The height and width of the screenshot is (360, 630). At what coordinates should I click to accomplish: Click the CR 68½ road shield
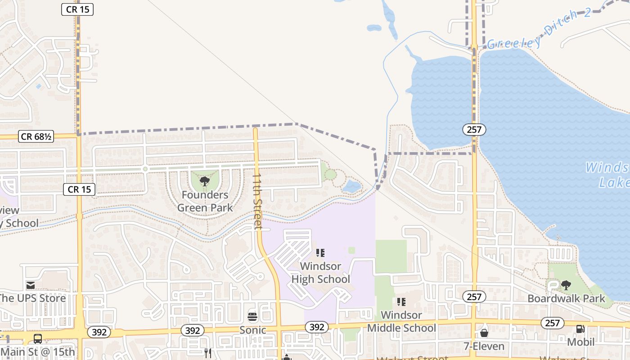36,136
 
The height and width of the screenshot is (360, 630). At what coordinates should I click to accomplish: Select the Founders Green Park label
205,201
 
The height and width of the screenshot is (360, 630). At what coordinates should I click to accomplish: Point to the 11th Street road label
257,202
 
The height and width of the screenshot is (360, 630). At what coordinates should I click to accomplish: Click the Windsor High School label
320,273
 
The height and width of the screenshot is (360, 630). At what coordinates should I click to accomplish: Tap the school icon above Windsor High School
320,253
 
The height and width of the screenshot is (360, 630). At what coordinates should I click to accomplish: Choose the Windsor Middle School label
401,321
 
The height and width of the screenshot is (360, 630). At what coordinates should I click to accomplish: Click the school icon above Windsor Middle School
401,301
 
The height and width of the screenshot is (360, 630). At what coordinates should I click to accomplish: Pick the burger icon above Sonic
252,316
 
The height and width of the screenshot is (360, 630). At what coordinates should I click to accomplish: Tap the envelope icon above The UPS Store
31,285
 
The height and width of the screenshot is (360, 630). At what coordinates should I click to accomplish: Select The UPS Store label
32,298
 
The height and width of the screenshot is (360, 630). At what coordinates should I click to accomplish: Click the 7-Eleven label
484,346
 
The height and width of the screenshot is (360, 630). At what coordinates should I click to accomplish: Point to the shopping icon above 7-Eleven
484,333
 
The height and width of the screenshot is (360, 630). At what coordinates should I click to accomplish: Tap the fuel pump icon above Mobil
580,329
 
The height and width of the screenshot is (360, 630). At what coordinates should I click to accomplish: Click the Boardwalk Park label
567,298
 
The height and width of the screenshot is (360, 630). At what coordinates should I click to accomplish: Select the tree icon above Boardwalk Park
566,285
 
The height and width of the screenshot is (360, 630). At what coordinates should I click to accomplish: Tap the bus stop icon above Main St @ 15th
38,339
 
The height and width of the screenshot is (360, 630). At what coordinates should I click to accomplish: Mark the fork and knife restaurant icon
207,353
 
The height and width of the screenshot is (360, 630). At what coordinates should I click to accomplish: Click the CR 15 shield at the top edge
77,9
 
